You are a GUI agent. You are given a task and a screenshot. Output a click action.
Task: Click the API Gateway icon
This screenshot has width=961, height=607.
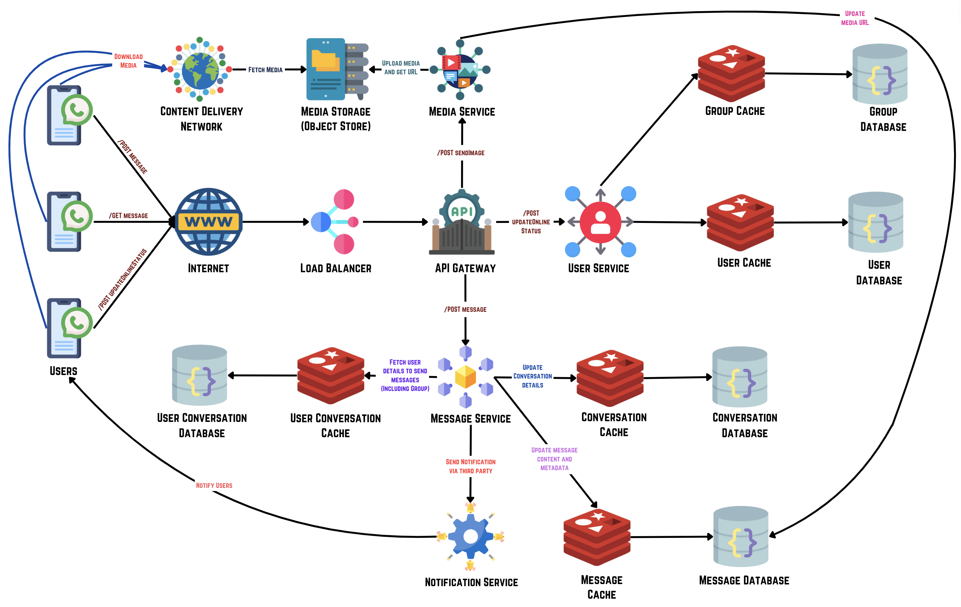point(462,222)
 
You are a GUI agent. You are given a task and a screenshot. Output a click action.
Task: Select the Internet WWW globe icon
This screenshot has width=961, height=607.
point(208,222)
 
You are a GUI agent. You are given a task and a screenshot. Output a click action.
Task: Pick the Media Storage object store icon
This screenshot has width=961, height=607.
point(336,69)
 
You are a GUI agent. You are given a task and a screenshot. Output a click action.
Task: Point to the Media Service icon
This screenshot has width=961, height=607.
point(460,70)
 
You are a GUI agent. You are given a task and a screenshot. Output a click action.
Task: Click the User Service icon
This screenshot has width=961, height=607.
point(600,222)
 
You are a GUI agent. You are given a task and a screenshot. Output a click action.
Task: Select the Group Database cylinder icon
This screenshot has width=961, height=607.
point(880,74)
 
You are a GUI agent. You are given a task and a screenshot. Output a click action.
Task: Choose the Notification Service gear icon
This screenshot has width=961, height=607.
point(470,537)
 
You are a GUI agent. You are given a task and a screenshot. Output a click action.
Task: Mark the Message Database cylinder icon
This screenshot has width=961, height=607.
point(741,537)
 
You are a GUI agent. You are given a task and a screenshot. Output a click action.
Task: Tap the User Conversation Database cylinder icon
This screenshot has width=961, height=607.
point(199,375)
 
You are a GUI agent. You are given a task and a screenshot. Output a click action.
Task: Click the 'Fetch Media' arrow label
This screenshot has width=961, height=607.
point(265,70)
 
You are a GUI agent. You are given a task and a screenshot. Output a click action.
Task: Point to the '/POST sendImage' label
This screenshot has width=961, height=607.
point(461,153)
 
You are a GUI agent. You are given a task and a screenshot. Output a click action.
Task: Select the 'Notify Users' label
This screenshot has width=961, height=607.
point(214,485)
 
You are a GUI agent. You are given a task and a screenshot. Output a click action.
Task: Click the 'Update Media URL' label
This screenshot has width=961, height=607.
point(855,18)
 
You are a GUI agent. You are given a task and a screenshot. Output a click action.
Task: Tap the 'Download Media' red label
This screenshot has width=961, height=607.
point(128,61)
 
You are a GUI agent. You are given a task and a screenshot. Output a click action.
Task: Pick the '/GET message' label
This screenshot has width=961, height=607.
point(128,216)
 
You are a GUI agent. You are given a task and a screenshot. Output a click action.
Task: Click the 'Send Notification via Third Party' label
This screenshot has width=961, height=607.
point(470,466)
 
